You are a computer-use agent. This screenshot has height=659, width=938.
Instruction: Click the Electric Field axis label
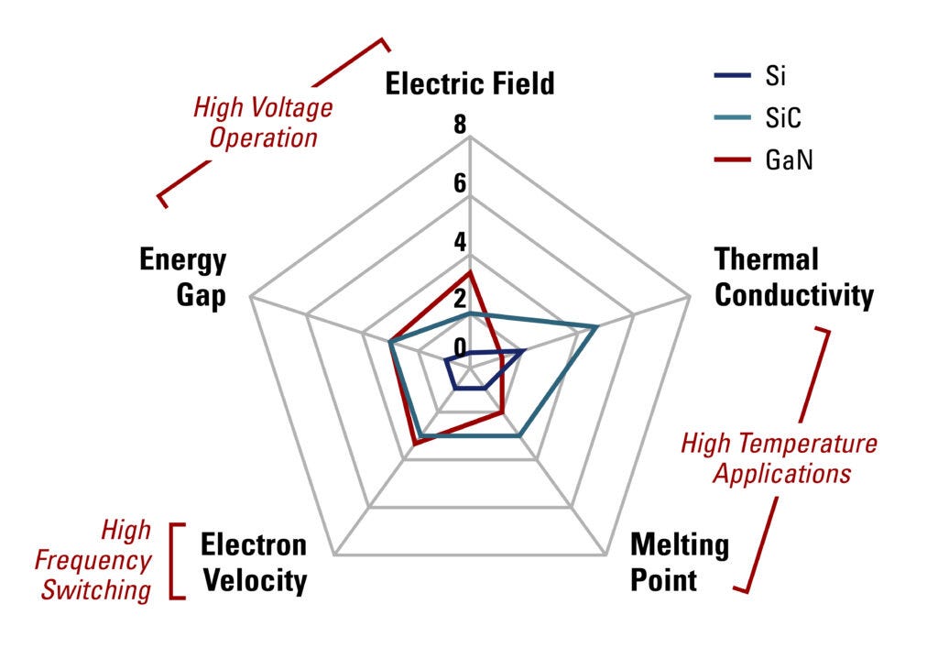(469, 84)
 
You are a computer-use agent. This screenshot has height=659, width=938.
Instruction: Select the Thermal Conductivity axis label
(793, 277)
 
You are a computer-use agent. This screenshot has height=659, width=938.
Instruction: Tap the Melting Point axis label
(680, 563)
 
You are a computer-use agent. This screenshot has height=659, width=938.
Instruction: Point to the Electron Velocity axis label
(255, 563)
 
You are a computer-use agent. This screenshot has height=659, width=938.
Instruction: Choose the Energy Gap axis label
(182, 279)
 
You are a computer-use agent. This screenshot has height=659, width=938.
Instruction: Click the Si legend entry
(775, 78)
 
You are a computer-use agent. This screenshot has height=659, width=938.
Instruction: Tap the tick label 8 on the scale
(459, 126)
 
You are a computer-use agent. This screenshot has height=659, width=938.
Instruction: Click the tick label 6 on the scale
(459, 183)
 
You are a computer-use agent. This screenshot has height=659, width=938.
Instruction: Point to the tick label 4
(459, 242)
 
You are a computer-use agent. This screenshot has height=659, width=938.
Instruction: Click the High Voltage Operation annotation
(263, 123)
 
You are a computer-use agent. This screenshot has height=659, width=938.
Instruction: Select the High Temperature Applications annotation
(780, 458)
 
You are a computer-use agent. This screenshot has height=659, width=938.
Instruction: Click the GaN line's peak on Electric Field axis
(469, 272)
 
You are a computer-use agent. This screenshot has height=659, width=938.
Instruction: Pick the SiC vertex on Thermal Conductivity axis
(597, 326)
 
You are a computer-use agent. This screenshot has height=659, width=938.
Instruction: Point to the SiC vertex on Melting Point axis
(520, 435)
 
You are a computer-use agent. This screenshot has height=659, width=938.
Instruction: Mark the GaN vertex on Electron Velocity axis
(415, 444)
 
